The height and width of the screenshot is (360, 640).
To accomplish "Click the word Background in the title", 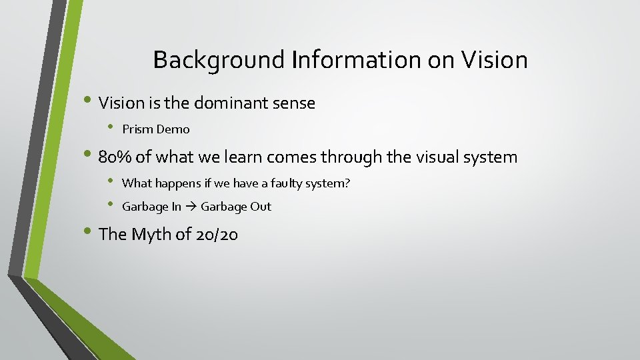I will (219, 61).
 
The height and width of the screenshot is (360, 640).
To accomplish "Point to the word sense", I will (293, 103).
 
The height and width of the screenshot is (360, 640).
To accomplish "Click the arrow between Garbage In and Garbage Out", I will (191, 207).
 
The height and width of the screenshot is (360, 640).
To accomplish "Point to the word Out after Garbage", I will (261, 207).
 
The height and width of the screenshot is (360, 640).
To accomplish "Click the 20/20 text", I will (217, 235).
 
